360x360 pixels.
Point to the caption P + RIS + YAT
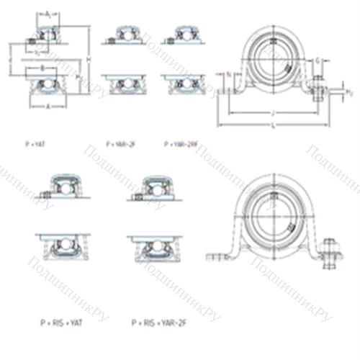pyautogui.click(x=61, y=322)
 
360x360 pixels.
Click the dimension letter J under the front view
pyautogui.click(x=273, y=112)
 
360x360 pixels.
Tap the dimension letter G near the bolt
pyautogui.click(x=318, y=63)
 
